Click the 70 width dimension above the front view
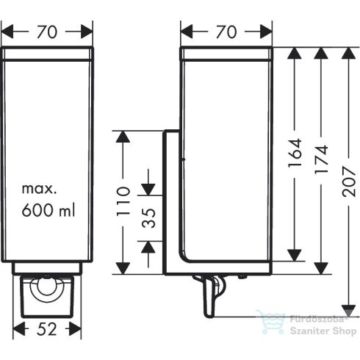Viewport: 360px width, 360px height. (x=48, y=32)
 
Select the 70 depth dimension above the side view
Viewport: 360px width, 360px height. (x=227, y=32)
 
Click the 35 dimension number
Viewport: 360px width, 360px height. (x=148, y=218)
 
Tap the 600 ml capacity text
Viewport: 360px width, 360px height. (x=48, y=211)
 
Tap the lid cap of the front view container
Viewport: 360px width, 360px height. (x=48, y=54)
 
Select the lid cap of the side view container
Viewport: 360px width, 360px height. (x=227, y=54)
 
